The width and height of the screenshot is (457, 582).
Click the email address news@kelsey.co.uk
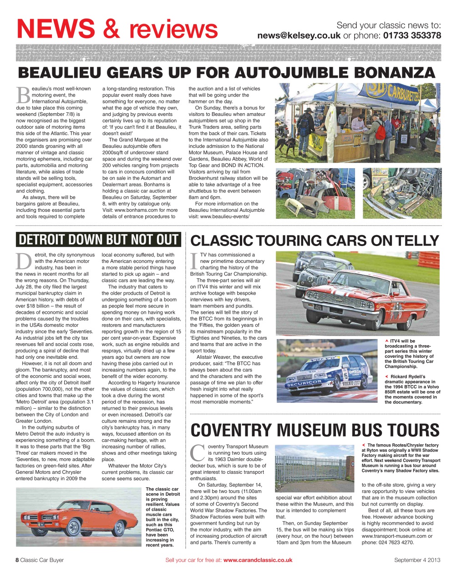[x=299, y=35]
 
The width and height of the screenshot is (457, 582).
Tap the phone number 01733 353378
[x=412, y=35]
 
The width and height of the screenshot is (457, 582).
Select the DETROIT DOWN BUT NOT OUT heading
[x=98, y=240]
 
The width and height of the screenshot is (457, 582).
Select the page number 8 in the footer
[x=17, y=560]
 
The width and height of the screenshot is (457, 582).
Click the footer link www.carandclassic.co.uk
[x=258, y=560]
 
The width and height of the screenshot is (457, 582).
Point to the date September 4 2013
[x=417, y=560]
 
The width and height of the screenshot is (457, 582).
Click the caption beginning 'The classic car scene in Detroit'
[x=163, y=517]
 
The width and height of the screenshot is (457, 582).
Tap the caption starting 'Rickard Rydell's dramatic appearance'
[x=412, y=389]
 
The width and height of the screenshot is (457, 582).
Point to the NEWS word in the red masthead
[x=56, y=28]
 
